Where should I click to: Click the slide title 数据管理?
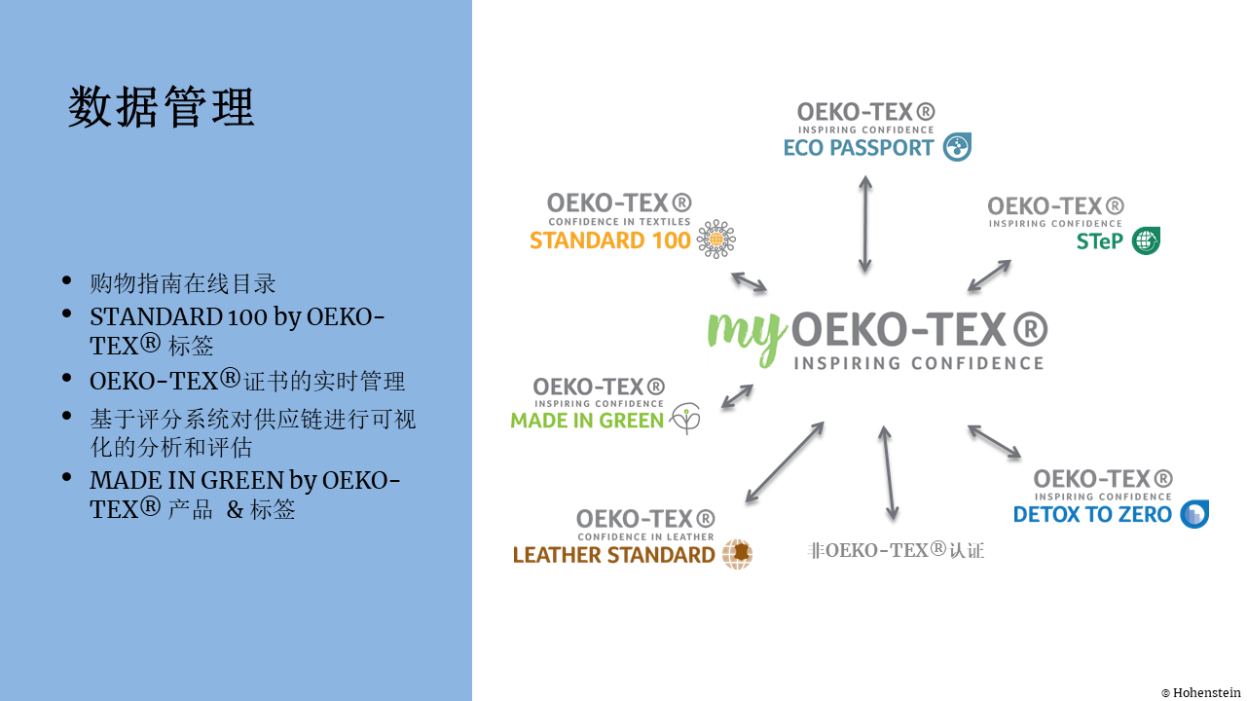click(162, 107)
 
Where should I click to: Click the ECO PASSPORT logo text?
click(858, 148)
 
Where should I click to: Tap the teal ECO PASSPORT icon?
click(957, 147)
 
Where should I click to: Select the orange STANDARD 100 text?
click(609, 240)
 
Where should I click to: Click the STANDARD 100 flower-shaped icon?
click(715, 239)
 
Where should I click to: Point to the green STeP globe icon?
click(1146, 240)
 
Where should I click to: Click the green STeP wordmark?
click(1099, 241)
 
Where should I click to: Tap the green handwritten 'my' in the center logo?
click(747, 338)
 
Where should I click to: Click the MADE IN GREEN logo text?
click(587, 421)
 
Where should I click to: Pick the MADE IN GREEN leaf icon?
click(685, 419)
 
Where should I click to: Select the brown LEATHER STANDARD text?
click(613, 555)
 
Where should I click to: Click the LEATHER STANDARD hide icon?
click(737, 554)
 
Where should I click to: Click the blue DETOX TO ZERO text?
click(1092, 514)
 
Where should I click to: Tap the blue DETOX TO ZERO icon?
click(1194, 513)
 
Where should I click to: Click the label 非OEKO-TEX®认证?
click(896, 551)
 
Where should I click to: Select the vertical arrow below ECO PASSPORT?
click(865, 224)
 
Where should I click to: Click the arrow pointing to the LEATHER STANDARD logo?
click(785, 462)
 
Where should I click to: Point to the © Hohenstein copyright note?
click(1201, 692)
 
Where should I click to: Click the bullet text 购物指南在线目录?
click(183, 283)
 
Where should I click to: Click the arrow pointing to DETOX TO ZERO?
click(994, 442)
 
